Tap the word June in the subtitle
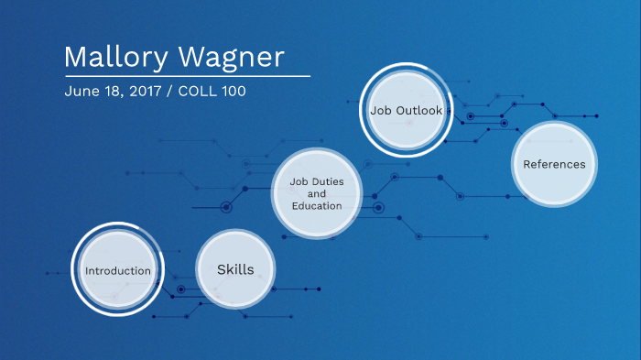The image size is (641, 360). click(x=79, y=93)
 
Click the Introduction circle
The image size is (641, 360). click(x=117, y=270)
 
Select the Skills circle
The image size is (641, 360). click(x=235, y=269)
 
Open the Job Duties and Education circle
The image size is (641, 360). click(x=316, y=193)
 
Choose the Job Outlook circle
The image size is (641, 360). click(x=406, y=111)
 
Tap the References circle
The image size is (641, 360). click(x=554, y=164)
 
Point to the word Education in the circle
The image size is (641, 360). click(x=317, y=205)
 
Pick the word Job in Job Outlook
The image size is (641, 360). click(x=380, y=111)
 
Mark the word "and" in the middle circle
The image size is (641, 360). click(x=316, y=193)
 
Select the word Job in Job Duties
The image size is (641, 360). click(x=298, y=181)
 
